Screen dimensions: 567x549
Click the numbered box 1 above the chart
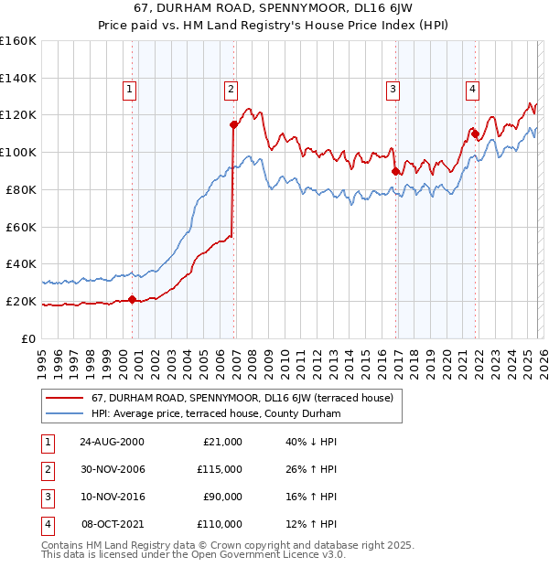(129, 90)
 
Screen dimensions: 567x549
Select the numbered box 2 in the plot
(230, 90)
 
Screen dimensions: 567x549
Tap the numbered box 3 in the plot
(393, 90)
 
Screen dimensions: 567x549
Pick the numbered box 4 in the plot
(472, 90)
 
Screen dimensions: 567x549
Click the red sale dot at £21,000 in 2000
(133, 299)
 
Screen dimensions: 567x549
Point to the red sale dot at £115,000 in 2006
(234, 123)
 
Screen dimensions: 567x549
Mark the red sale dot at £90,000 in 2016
(396, 170)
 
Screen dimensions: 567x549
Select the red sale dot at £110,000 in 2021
(476, 133)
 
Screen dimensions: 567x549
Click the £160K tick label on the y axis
(18, 41)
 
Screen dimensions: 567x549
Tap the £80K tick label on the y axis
(21, 189)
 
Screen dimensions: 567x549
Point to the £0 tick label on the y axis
(27, 338)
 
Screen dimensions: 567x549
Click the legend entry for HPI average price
(216, 414)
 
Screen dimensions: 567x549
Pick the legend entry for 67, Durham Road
(242, 398)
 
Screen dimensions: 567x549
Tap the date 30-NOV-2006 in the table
(112, 469)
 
